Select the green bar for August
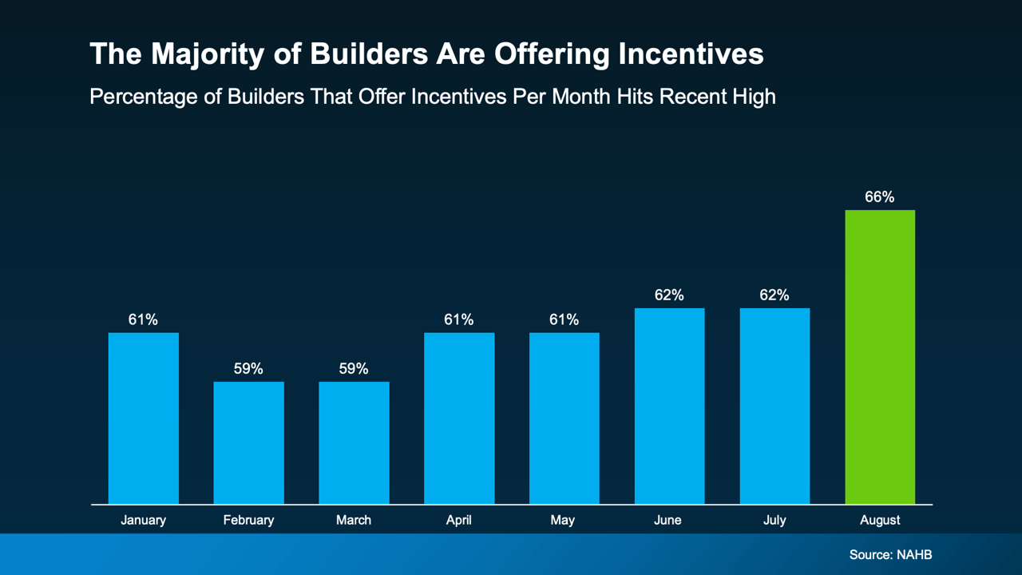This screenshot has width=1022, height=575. point(880,357)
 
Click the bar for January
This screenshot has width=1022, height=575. point(144,418)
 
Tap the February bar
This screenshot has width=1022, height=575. point(248,442)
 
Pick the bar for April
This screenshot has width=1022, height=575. point(459,418)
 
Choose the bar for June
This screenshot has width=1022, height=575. point(669,406)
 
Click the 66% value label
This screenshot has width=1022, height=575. point(879,196)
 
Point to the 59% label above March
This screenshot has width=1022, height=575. point(354,368)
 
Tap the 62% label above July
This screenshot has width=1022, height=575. point(774,295)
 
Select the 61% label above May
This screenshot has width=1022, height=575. point(564,319)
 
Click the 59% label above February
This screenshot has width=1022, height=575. point(248,368)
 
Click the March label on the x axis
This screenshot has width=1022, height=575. point(354,520)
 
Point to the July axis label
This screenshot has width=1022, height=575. point(774,520)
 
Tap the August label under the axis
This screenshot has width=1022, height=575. point(880,520)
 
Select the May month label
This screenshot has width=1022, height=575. point(563,520)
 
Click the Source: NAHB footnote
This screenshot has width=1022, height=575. point(890,554)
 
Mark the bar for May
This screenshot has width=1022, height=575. point(564,418)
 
